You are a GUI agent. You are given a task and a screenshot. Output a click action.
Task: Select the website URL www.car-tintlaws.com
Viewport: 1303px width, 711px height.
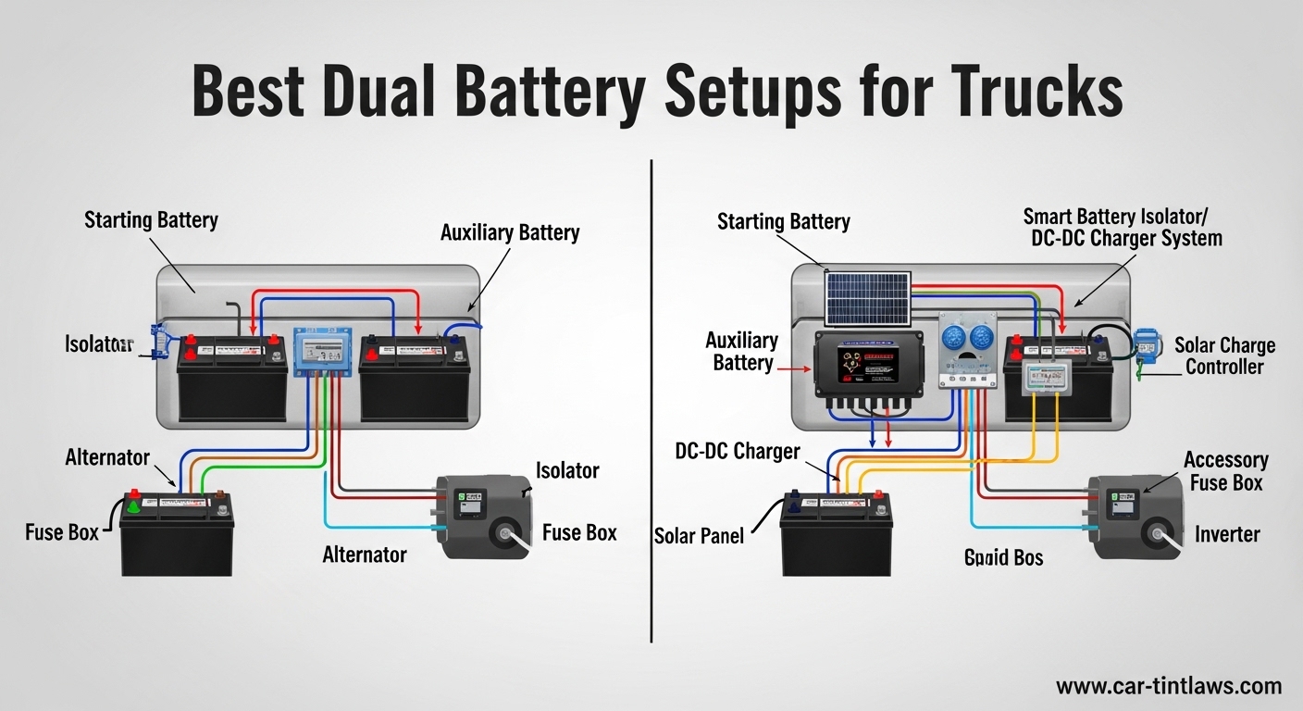coord(1169,686)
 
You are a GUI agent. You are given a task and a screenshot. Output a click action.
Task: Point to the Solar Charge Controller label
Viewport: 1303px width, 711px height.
coord(1224,356)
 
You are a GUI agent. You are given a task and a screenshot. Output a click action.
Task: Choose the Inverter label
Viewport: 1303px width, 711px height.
coord(1227,534)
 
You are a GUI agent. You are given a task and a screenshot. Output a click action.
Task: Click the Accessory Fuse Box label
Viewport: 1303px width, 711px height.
coord(1225,471)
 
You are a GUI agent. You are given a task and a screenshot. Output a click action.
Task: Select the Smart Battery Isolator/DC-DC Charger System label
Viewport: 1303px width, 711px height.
coord(1122,228)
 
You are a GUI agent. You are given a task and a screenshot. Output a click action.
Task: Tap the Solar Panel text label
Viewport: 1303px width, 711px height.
coord(699,535)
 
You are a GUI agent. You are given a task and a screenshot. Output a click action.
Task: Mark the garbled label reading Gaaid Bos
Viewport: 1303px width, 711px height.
coord(1003,557)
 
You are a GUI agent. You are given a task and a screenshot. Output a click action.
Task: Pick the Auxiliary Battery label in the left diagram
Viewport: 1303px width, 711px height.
coord(510,232)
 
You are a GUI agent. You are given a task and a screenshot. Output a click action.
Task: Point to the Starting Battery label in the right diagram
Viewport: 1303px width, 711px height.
coord(783,222)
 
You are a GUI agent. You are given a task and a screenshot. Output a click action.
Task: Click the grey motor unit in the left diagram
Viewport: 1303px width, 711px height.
coord(480,516)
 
